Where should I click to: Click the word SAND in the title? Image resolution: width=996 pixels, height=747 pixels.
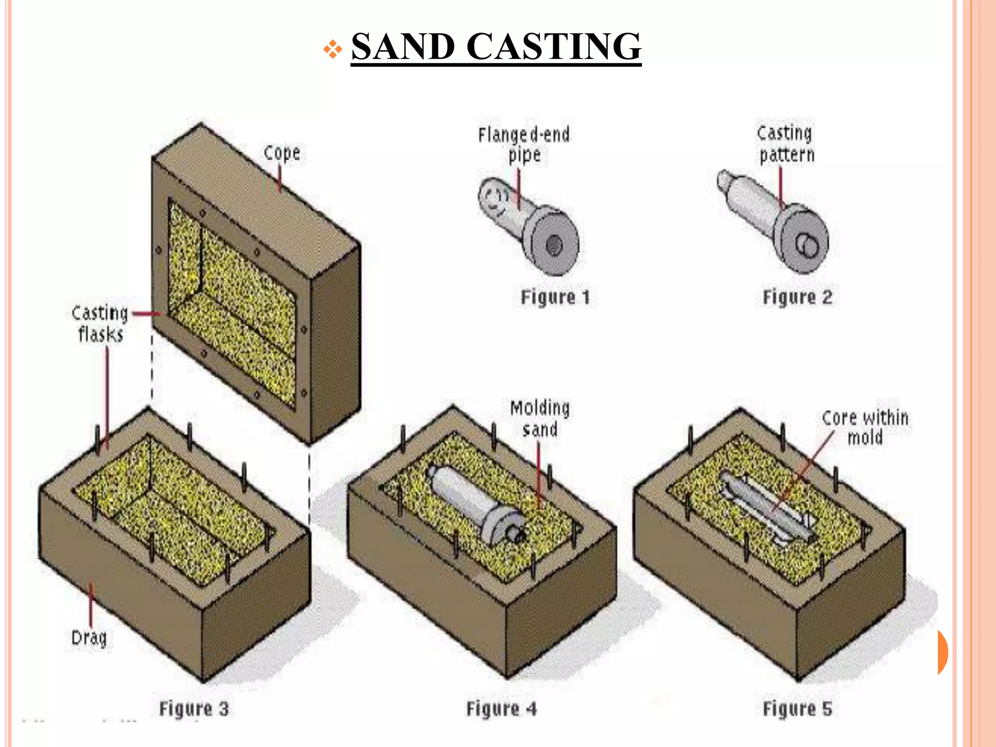click(403, 47)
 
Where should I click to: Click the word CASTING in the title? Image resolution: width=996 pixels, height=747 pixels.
click(554, 47)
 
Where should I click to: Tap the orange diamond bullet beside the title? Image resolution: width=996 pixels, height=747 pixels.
click(333, 49)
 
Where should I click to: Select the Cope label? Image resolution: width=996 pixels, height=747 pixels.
click(282, 153)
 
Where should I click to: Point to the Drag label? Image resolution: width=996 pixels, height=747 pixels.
click(89, 637)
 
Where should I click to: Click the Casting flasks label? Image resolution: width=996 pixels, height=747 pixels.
click(100, 323)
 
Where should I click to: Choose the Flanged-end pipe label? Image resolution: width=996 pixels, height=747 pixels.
click(524, 144)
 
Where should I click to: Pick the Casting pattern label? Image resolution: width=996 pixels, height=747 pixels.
click(786, 144)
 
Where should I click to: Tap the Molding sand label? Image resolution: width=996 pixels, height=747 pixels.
click(540, 419)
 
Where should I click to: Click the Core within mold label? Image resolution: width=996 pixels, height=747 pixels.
click(865, 427)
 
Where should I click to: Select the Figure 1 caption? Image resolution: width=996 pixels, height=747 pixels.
click(555, 297)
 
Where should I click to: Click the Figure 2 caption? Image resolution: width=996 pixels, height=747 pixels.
click(797, 297)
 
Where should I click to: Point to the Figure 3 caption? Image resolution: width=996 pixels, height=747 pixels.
click(194, 709)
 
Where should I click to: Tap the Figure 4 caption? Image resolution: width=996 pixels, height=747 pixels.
click(501, 709)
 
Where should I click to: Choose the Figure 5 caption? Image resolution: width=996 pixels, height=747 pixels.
click(797, 709)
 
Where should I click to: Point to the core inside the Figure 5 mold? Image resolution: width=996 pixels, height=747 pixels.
click(764, 508)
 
